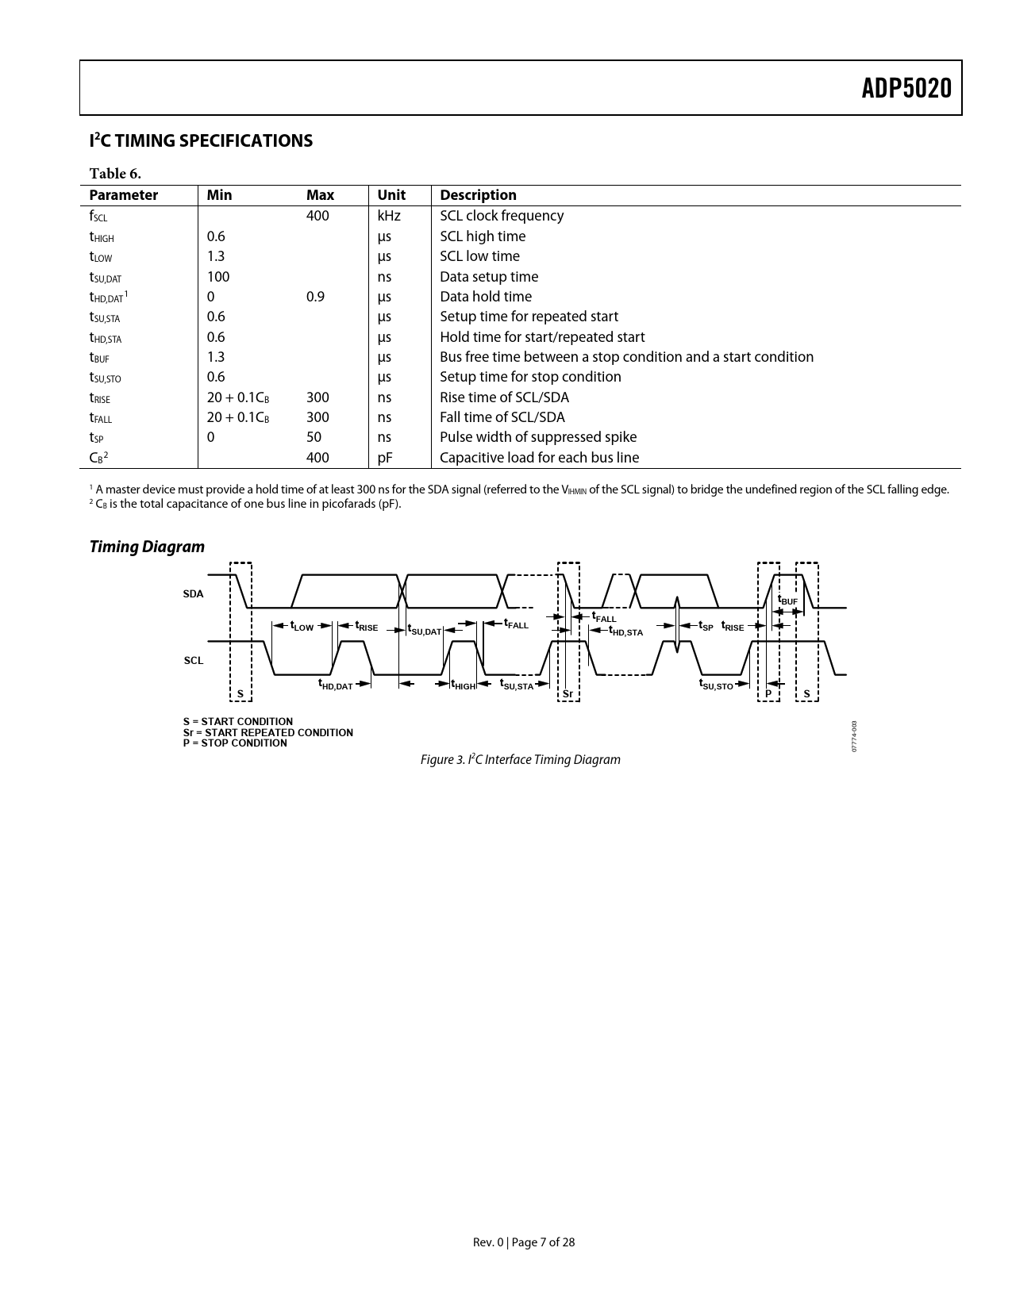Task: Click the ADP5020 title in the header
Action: pos(906,88)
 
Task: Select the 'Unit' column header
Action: pos(391,195)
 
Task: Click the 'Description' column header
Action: pos(478,195)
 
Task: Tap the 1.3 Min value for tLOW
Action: pos(216,256)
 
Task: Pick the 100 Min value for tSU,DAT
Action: pos(218,277)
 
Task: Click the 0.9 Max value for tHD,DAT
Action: pos(315,297)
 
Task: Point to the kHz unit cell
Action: pos(389,216)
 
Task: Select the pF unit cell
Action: pos(385,458)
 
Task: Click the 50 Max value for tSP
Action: pos(314,437)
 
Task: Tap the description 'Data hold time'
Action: pos(486,297)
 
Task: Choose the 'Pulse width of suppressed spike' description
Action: pos(538,437)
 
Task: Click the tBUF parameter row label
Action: pos(99,358)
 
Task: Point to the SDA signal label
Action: pos(193,593)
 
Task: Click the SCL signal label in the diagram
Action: pos(194,660)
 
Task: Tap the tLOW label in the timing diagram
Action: pos(302,626)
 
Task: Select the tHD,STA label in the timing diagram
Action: pos(625,631)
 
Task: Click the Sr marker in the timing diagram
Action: pos(568,694)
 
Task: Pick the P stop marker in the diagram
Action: pos(768,694)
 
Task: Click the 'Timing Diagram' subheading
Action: pos(147,547)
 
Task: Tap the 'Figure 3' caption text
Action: pos(520,760)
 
